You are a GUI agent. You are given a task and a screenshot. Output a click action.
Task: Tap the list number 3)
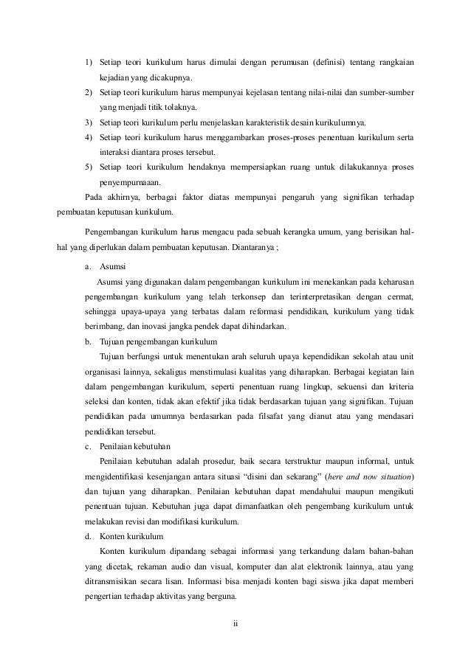coord(89,122)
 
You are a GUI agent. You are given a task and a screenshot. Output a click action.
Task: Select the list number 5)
coord(89,167)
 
